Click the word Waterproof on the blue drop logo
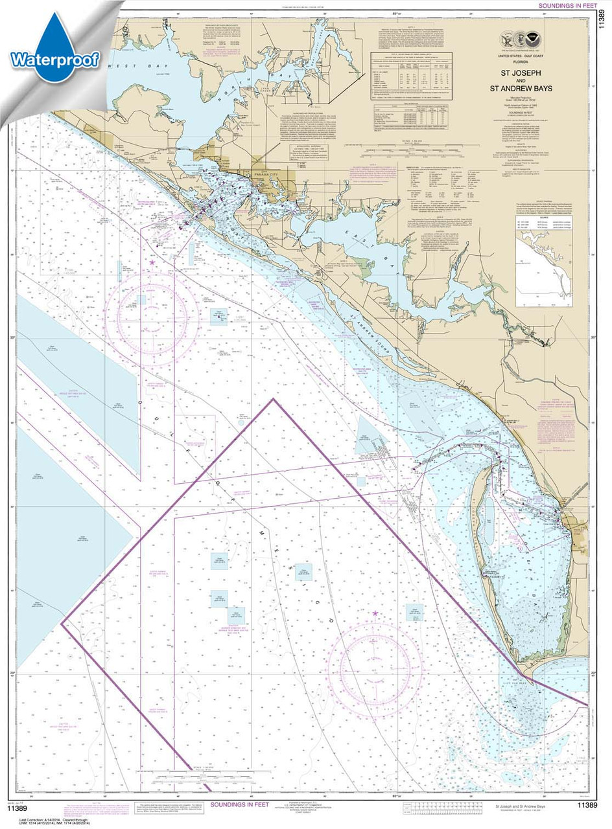pos(54,60)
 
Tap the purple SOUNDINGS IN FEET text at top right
pos(564,5)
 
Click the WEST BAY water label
pos(120,66)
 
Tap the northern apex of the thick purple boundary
pos(273,400)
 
